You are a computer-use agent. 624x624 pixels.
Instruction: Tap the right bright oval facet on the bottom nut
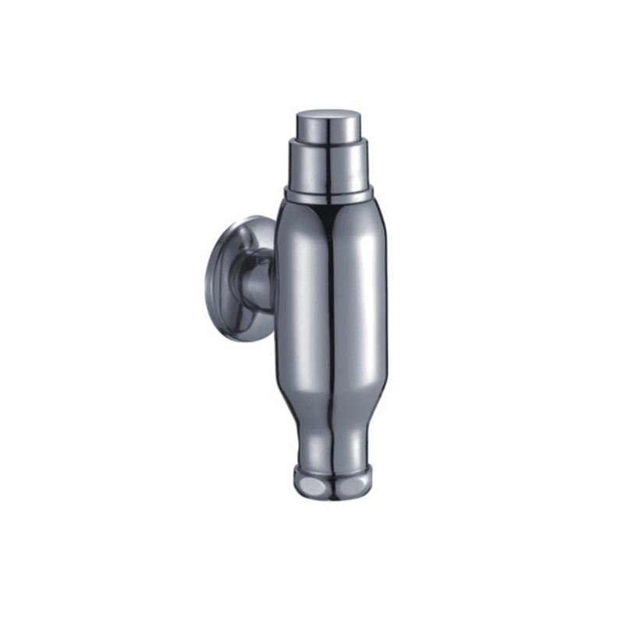(x=361, y=485)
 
